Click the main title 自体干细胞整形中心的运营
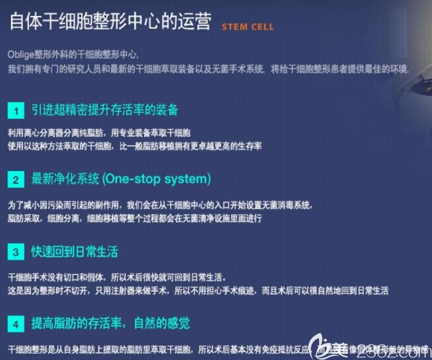(111, 22)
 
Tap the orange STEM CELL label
(248, 27)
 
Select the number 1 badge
(16, 110)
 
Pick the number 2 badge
(16, 180)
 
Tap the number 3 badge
(16, 252)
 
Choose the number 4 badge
(16, 324)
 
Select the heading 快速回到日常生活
(75, 251)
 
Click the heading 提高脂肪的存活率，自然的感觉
(110, 324)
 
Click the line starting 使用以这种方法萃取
(134, 146)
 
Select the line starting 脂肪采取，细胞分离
(134, 217)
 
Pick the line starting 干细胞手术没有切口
(117, 277)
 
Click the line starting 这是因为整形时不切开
(198, 290)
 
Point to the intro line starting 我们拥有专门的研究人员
(209, 68)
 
